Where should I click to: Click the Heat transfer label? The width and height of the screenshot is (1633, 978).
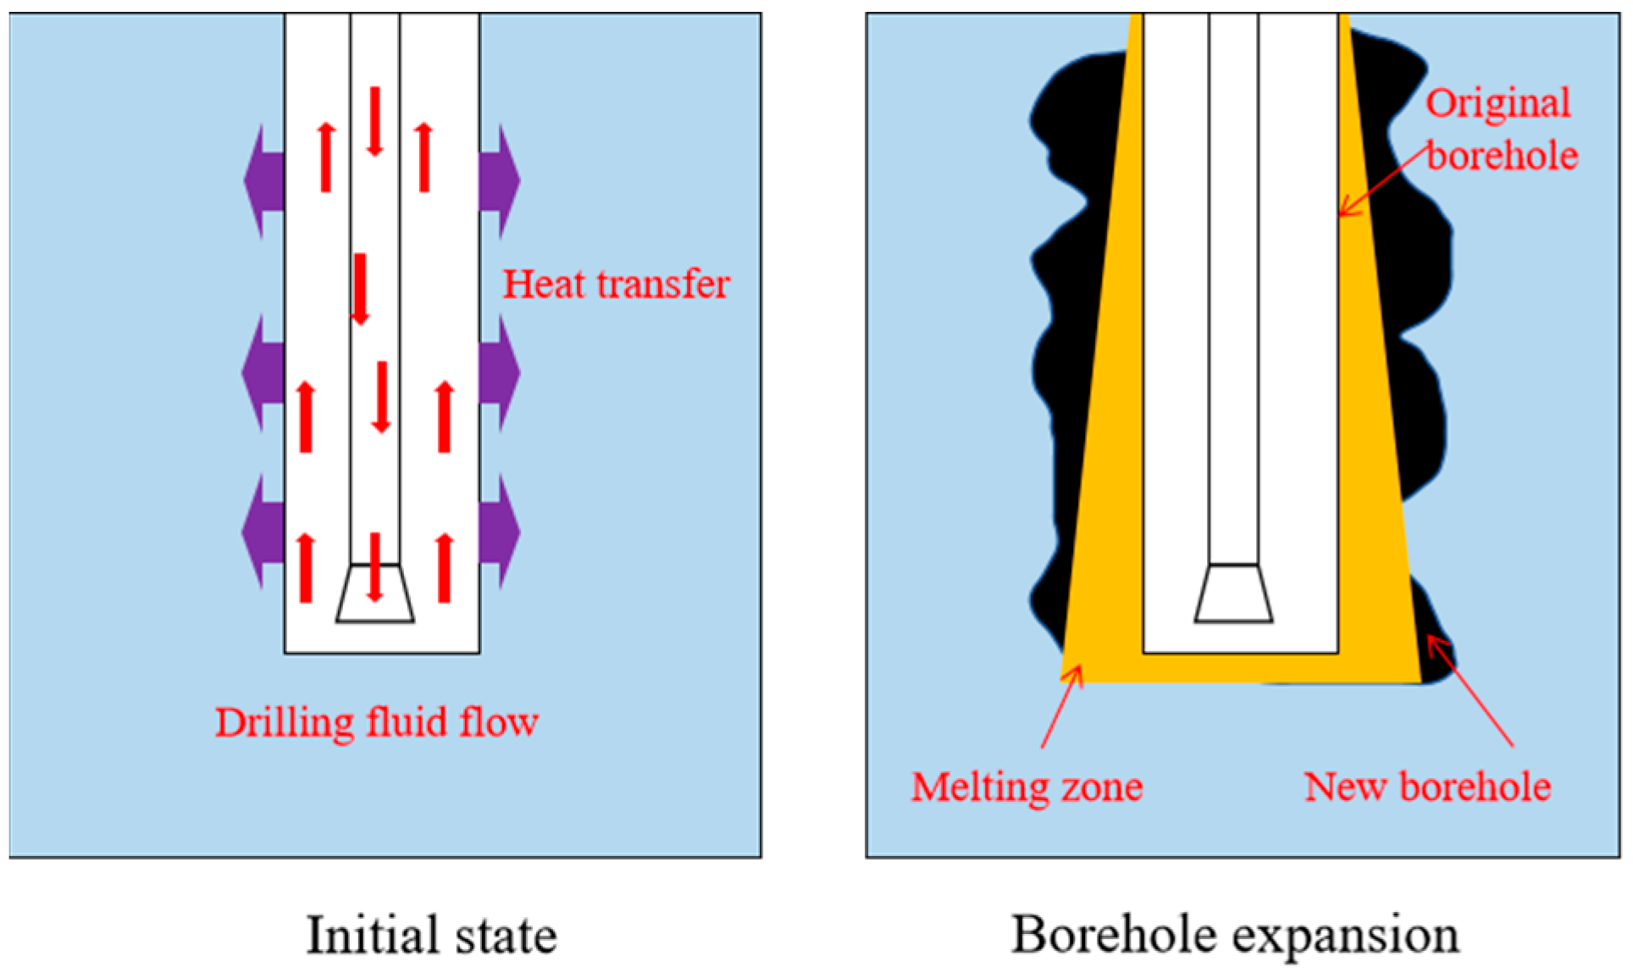click(x=616, y=285)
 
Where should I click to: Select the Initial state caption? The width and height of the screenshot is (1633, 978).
click(x=431, y=936)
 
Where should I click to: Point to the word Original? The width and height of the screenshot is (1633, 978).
click(x=1497, y=103)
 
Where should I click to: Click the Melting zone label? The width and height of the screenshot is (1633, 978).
click(x=1027, y=787)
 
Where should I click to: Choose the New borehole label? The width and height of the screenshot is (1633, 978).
click(x=1427, y=787)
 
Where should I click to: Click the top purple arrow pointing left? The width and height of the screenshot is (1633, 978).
click(x=263, y=180)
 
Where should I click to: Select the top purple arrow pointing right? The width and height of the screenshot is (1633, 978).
click(x=500, y=180)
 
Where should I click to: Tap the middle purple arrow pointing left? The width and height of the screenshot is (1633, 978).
click(x=263, y=373)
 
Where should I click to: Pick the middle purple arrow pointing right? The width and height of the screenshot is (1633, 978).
click(x=500, y=373)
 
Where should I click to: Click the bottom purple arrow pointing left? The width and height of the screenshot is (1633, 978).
click(x=263, y=532)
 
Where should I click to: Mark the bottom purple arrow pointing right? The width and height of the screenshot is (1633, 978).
click(x=500, y=532)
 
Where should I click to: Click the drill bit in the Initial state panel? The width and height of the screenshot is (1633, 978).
click(x=375, y=595)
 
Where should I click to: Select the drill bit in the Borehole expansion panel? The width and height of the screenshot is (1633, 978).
click(x=1233, y=594)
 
